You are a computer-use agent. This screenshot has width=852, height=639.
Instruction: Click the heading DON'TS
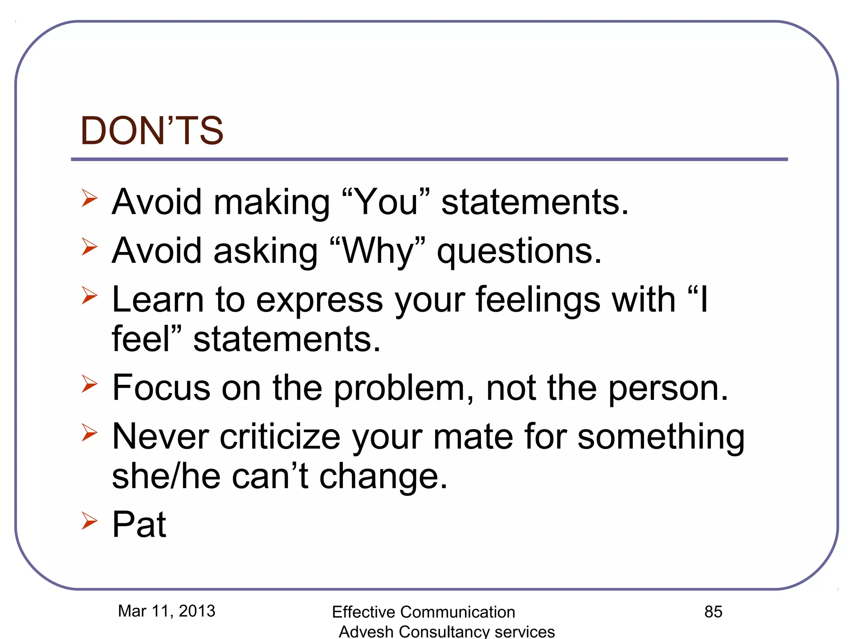[152, 131]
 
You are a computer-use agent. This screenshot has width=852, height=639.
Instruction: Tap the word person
[668, 389]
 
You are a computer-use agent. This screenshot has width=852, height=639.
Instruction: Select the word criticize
[280, 437]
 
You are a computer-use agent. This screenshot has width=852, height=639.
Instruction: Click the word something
[661, 438]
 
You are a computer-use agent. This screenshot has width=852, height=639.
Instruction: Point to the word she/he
[166, 477]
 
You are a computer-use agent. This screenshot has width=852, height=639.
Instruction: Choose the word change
[383, 478]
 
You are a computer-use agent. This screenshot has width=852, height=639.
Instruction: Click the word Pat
[139, 525]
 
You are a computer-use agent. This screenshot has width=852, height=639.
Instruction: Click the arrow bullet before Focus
[89, 383]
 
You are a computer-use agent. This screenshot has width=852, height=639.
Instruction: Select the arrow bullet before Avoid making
[89, 198]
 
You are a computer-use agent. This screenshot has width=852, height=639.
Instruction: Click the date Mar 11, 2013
[166, 611]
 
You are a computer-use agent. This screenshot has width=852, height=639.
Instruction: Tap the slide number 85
[713, 612]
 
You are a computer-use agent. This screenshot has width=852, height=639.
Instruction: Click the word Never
[161, 437]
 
